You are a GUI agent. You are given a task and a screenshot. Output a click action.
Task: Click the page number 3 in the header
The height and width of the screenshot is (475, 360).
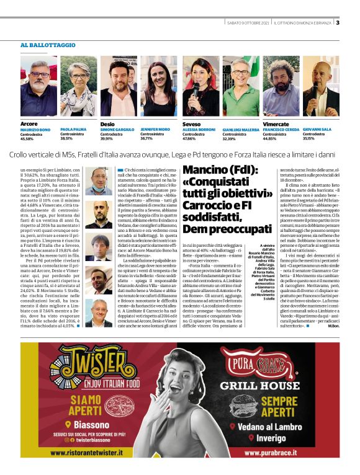(x=338, y=23)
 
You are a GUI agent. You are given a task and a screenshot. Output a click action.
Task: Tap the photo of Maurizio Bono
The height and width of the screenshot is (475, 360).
(x=38, y=86)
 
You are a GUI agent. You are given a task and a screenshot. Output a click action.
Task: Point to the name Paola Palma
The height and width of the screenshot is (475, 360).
(x=73, y=129)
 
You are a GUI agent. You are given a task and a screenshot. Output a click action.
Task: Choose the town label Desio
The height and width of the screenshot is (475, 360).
(x=107, y=124)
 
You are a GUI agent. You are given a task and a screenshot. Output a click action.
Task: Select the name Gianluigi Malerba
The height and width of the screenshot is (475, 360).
(x=240, y=129)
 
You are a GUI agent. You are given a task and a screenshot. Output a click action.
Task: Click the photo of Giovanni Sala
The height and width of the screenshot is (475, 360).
(x=320, y=86)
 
